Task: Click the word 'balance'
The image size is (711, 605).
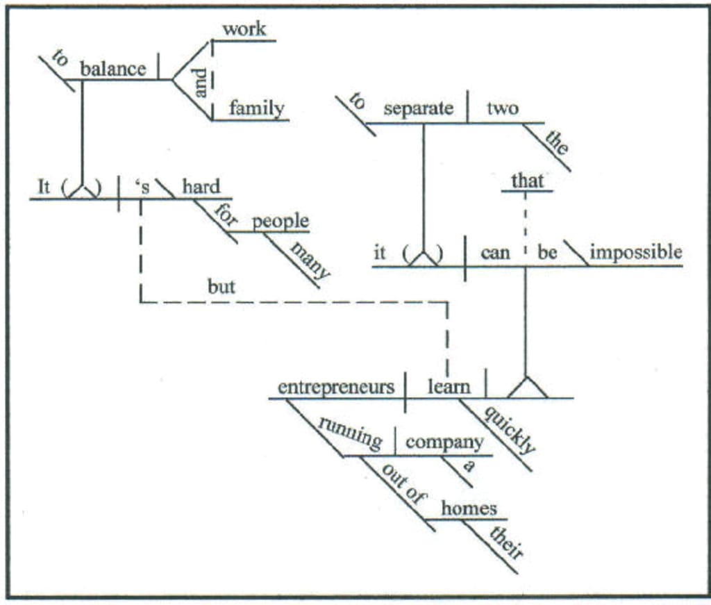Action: click(x=113, y=69)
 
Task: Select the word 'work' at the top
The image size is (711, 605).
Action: click(x=244, y=29)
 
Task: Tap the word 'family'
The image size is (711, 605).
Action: click(x=257, y=108)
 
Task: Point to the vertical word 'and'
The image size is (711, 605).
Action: click(x=201, y=82)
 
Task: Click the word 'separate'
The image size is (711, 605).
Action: click(x=418, y=108)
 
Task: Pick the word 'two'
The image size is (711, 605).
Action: click(x=502, y=108)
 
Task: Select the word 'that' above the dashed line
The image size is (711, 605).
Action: click(x=527, y=181)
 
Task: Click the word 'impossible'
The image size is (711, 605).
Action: click(x=635, y=253)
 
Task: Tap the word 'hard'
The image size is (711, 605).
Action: click(x=201, y=187)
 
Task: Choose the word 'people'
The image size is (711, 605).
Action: click(x=281, y=222)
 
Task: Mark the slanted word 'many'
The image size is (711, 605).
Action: click(x=308, y=260)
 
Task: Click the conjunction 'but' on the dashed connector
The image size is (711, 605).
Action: click(x=221, y=287)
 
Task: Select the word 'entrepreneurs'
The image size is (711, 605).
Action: click(x=336, y=387)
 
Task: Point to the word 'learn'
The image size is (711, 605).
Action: click(x=449, y=387)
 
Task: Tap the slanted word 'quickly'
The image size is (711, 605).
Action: click(x=510, y=430)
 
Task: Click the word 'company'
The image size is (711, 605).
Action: click(x=444, y=442)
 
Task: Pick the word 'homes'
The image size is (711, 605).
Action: click(x=469, y=508)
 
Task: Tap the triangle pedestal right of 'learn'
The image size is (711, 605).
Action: click(x=527, y=388)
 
